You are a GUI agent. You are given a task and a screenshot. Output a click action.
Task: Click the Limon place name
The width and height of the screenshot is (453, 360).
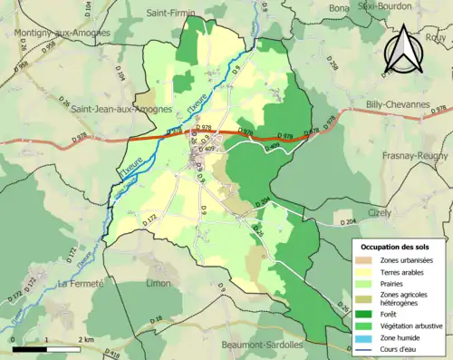[x=158, y=284]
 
